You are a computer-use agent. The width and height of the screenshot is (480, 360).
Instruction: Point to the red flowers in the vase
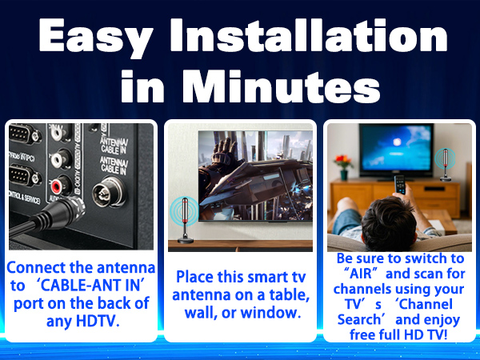pos(343,160)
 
